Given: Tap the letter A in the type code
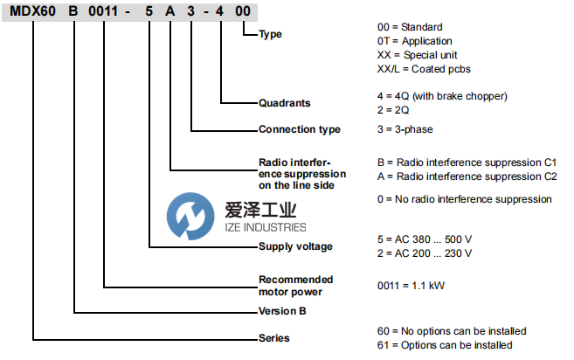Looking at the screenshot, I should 171,10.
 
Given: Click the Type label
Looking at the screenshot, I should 272,35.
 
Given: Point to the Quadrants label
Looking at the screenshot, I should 285,103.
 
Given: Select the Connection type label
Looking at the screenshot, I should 300,130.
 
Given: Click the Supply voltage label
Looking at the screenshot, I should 296,246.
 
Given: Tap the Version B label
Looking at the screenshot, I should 282,310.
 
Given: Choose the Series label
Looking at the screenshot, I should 274,337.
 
